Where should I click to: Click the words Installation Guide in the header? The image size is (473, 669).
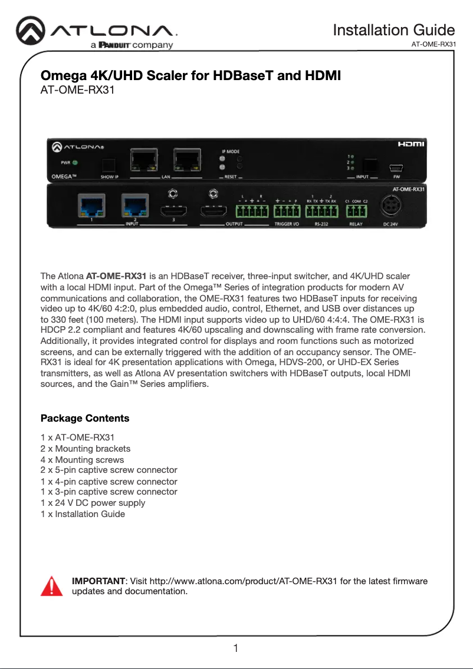pyautogui.click(x=393, y=30)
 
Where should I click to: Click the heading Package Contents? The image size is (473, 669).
pyautogui.click(x=84, y=418)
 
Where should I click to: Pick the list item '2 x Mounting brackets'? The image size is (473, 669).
pyautogui.click(x=85, y=449)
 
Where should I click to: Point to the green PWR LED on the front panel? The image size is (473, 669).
pyautogui.click(x=75, y=163)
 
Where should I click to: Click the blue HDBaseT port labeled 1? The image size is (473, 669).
pyautogui.click(x=92, y=206)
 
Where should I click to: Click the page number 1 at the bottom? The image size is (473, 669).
pyautogui.click(x=236, y=648)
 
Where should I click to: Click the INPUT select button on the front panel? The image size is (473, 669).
pyautogui.click(x=370, y=164)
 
